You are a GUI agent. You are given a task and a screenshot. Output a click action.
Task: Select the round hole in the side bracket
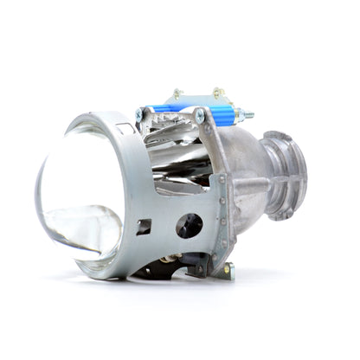pos(189,225)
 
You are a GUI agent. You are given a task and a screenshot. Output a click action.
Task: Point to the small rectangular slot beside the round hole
pos(144,227)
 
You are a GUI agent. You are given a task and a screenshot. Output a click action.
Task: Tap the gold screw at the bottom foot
pos(227,271)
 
